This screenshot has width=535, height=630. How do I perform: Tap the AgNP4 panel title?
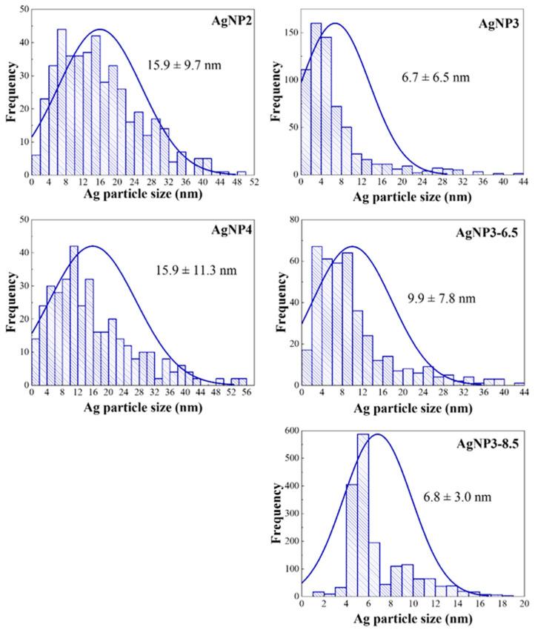click(230, 230)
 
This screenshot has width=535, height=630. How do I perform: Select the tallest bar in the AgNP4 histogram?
click(73, 315)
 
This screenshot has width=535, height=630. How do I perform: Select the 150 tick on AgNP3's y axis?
click(286, 33)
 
